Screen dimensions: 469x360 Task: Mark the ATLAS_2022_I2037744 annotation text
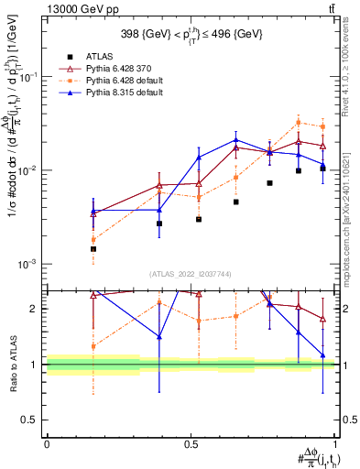pos(190,274)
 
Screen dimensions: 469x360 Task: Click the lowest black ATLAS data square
pos(93,248)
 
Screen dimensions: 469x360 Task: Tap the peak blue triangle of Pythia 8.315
pos(236,140)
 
